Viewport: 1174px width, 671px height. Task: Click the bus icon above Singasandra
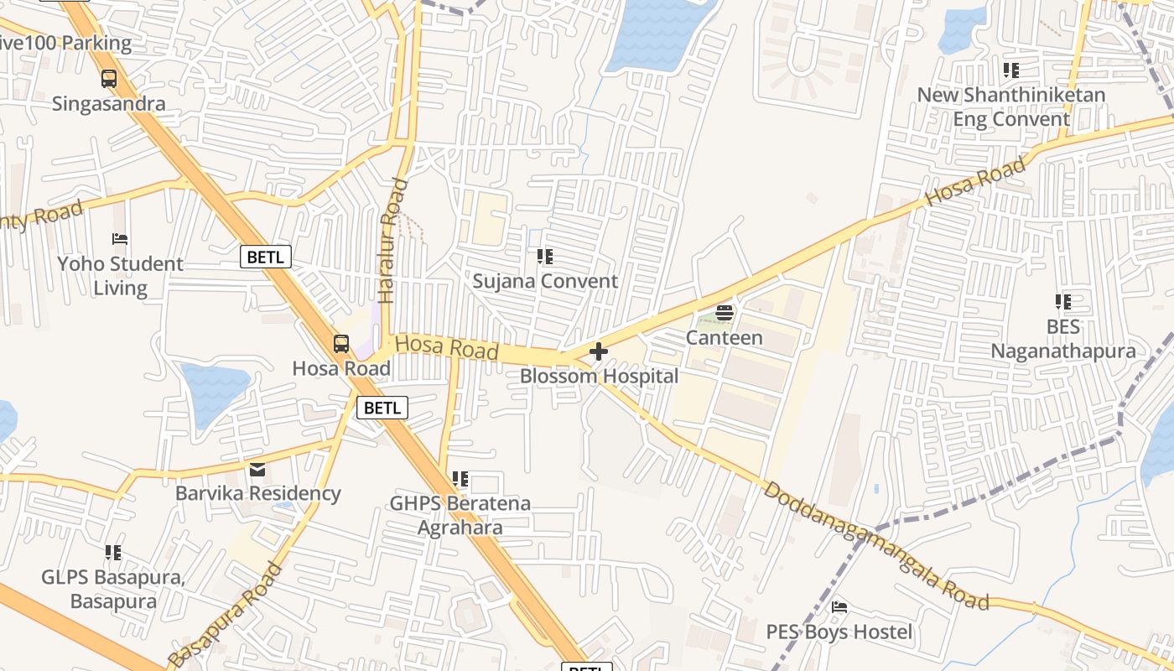pos(109,79)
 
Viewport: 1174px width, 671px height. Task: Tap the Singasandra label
pos(109,104)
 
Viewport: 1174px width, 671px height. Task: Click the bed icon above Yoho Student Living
pos(120,239)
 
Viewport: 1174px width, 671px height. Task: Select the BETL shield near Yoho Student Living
pos(266,257)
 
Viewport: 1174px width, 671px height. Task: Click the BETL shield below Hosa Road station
pos(382,408)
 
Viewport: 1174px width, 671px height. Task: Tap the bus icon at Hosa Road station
pos(341,343)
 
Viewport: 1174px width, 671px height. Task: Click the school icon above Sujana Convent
pos(545,257)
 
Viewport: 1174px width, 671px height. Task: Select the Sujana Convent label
pos(545,281)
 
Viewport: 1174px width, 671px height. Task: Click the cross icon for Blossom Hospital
pos(599,351)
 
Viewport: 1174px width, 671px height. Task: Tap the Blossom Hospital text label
pos(599,376)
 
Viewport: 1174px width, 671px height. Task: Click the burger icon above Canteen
pos(725,314)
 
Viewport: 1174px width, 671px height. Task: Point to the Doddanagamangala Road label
pos(876,545)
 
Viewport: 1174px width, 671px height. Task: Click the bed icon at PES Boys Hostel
pos(839,607)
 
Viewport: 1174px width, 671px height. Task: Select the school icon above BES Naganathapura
pos(1063,302)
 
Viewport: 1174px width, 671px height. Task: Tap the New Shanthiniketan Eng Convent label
pos(1011,107)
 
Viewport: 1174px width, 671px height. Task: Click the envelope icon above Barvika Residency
pos(257,469)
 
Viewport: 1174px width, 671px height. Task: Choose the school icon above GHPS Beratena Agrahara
pos(460,479)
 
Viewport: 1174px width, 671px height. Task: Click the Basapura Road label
pos(225,616)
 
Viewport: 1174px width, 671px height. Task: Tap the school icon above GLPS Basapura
pos(113,553)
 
